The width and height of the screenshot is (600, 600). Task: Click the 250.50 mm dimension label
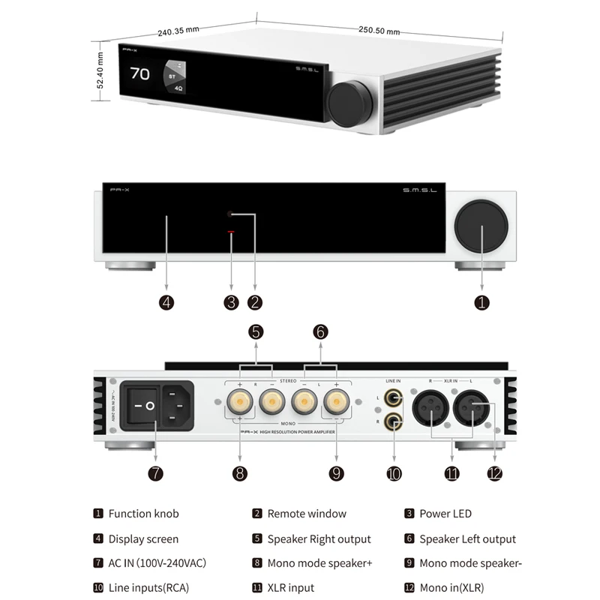pos(379,30)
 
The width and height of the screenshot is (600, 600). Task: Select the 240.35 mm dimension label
pos(178,31)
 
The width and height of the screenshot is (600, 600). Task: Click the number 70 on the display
pos(139,73)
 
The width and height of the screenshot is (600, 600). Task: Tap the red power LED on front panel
pos(231,233)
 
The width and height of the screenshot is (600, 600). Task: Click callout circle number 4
pos(166,302)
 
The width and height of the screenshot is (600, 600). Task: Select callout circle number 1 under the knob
pos(481,302)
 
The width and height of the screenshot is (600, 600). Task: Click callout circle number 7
pos(155,473)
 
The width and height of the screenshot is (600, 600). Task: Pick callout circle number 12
pos(494,473)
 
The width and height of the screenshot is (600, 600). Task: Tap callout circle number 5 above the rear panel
pos(256,331)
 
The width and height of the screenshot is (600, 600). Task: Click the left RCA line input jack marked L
pos(392,397)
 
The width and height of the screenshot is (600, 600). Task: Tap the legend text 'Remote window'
pos(307,514)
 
